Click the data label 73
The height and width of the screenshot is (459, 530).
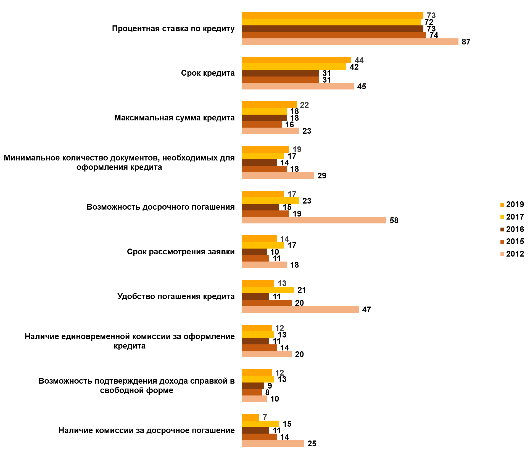(431, 15)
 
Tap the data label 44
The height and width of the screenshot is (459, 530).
(359, 60)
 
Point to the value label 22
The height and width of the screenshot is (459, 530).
(304, 105)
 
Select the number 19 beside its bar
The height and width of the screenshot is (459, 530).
(297, 149)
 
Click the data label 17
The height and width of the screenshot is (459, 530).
(292, 194)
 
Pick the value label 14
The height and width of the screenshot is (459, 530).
(284, 239)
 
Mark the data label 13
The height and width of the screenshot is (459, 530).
(282, 283)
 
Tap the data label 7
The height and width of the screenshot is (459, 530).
(265, 417)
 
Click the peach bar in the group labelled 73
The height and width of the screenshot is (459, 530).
(350, 42)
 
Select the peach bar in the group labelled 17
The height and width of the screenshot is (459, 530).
(314, 220)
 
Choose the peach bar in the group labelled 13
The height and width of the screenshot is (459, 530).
(300, 310)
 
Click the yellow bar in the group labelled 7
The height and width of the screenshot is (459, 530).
(260, 424)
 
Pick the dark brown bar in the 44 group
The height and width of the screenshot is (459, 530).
(280, 73)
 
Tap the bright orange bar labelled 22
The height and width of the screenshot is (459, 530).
(269, 105)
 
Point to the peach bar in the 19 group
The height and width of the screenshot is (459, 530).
(278, 176)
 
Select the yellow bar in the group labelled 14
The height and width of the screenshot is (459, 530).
(263, 245)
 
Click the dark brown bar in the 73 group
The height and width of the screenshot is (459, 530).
(333, 29)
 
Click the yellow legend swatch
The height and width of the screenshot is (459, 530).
(502, 217)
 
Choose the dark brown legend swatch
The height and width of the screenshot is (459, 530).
(502, 229)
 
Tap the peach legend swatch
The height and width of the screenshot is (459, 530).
(502, 254)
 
